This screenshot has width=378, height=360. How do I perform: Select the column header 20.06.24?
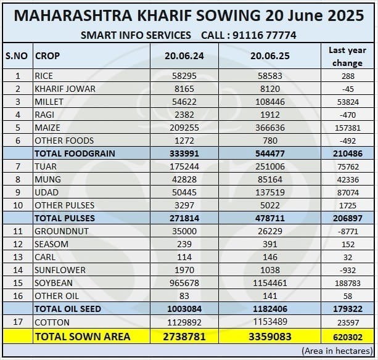pyautogui.click(x=183, y=55)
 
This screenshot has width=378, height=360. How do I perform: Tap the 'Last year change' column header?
pyautogui.click(x=347, y=56)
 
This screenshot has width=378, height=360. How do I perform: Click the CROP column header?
pyautogui.click(x=47, y=55)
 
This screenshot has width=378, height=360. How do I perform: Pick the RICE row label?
pyautogui.click(x=44, y=76)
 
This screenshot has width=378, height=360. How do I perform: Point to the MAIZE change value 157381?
pyautogui.click(x=347, y=127)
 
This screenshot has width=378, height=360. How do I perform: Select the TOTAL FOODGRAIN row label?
pyautogui.click(x=75, y=153)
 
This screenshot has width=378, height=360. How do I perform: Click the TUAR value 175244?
pyautogui.click(x=183, y=166)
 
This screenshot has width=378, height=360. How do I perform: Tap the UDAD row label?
pyautogui.click(x=47, y=192)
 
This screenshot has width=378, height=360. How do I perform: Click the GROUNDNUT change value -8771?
pyautogui.click(x=347, y=231)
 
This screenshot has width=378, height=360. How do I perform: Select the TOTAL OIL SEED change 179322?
pyautogui.click(x=347, y=309)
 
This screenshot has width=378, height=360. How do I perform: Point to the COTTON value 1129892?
pyautogui.click(x=183, y=322)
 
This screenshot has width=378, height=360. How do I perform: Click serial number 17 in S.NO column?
pyautogui.click(x=17, y=322)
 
